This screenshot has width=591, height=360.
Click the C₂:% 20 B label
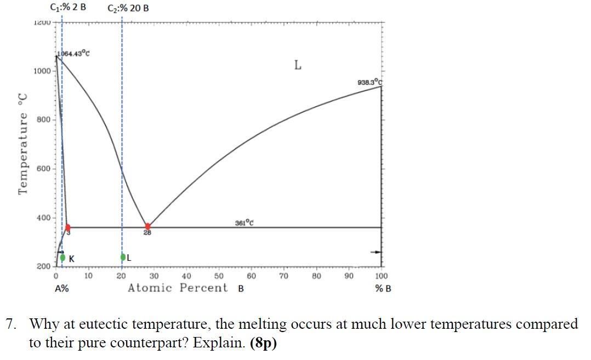(128, 8)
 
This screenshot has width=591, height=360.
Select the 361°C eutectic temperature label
(243, 222)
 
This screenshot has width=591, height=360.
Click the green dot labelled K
(63, 257)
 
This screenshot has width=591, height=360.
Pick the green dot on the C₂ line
(123, 256)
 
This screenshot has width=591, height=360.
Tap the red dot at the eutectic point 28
(147, 226)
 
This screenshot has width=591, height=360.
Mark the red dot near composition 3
(67, 227)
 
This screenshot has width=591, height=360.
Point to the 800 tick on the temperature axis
(43, 119)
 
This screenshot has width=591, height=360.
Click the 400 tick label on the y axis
(43, 218)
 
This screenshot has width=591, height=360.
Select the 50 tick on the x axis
(218, 276)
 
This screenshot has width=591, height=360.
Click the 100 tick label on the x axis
(381, 276)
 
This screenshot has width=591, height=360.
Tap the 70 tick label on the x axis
(283, 276)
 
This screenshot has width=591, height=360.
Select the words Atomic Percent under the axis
(178, 288)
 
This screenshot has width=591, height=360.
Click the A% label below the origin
(61, 289)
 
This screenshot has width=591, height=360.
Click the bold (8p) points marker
(263, 344)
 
